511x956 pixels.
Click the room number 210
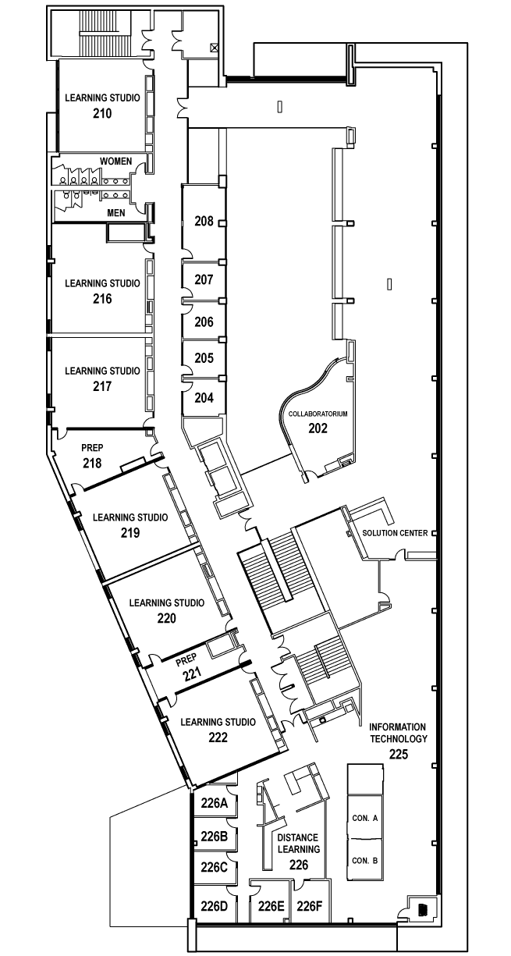[x=102, y=113]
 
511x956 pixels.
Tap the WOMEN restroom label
[x=116, y=162]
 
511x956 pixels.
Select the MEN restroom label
[x=116, y=212]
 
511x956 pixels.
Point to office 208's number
[x=204, y=221]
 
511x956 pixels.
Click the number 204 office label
[x=204, y=398]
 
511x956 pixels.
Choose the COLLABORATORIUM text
[x=318, y=414]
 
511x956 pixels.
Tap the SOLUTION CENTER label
[x=395, y=533]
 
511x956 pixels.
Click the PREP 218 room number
[x=92, y=463]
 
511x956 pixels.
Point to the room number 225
[x=399, y=755]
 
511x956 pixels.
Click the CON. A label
[x=365, y=818]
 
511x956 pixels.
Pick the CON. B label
[x=365, y=861]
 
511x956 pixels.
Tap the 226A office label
[x=215, y=804]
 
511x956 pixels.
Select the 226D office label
[x=215, y=906]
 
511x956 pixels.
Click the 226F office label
[x=309, y=906]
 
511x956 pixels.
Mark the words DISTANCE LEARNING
[x=299, y=844]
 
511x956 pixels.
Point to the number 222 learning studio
[x=218, y=737]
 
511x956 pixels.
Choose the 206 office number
[x=204, y=322]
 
